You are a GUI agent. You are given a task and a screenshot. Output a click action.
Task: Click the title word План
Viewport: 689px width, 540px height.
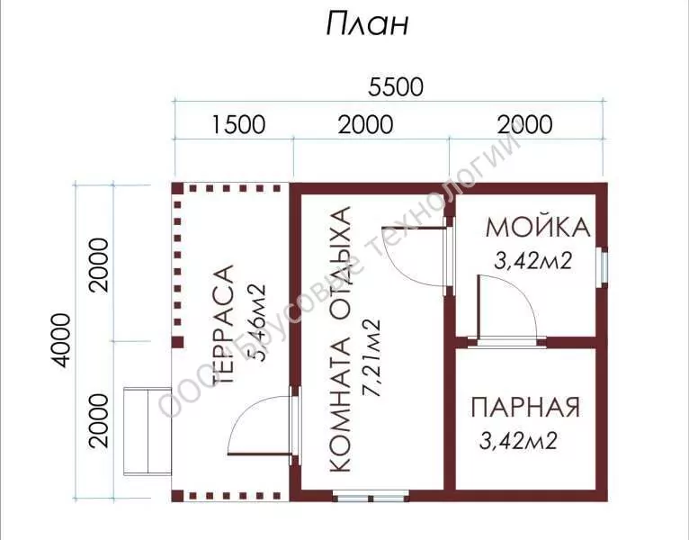click(367, 23)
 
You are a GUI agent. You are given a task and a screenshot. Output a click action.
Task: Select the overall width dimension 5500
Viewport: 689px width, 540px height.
click(396, 86)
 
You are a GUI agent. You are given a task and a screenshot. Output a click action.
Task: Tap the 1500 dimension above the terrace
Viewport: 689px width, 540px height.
click(238, 124)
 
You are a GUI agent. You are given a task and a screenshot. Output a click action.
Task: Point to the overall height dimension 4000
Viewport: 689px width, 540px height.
click(60, 340)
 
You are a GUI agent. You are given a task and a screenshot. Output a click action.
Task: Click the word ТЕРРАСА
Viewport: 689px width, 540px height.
click(223, 325)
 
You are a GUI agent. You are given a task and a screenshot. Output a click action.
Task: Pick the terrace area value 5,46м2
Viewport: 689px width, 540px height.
click(255, 323)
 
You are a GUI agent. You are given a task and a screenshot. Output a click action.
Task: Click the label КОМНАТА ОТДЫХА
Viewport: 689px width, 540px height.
click(341, 339)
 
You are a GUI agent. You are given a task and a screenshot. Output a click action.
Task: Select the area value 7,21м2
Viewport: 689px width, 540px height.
click(370, 358)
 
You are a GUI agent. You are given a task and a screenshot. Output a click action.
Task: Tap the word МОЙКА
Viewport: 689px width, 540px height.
click(538, 228)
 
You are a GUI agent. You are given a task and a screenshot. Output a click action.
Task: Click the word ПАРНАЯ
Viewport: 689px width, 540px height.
click(525, 407)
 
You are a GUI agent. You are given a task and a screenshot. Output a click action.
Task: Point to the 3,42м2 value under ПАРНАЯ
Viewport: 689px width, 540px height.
click(518, 441)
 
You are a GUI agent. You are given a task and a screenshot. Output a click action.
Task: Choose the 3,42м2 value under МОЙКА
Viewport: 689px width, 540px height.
click(533, 261)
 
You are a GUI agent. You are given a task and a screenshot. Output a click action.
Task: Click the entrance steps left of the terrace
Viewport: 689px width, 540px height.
click(148, 431)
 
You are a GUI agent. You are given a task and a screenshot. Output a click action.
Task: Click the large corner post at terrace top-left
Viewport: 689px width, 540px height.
click(177, 188)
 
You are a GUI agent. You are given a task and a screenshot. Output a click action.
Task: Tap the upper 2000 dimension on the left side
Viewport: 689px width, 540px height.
click(98, 265)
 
